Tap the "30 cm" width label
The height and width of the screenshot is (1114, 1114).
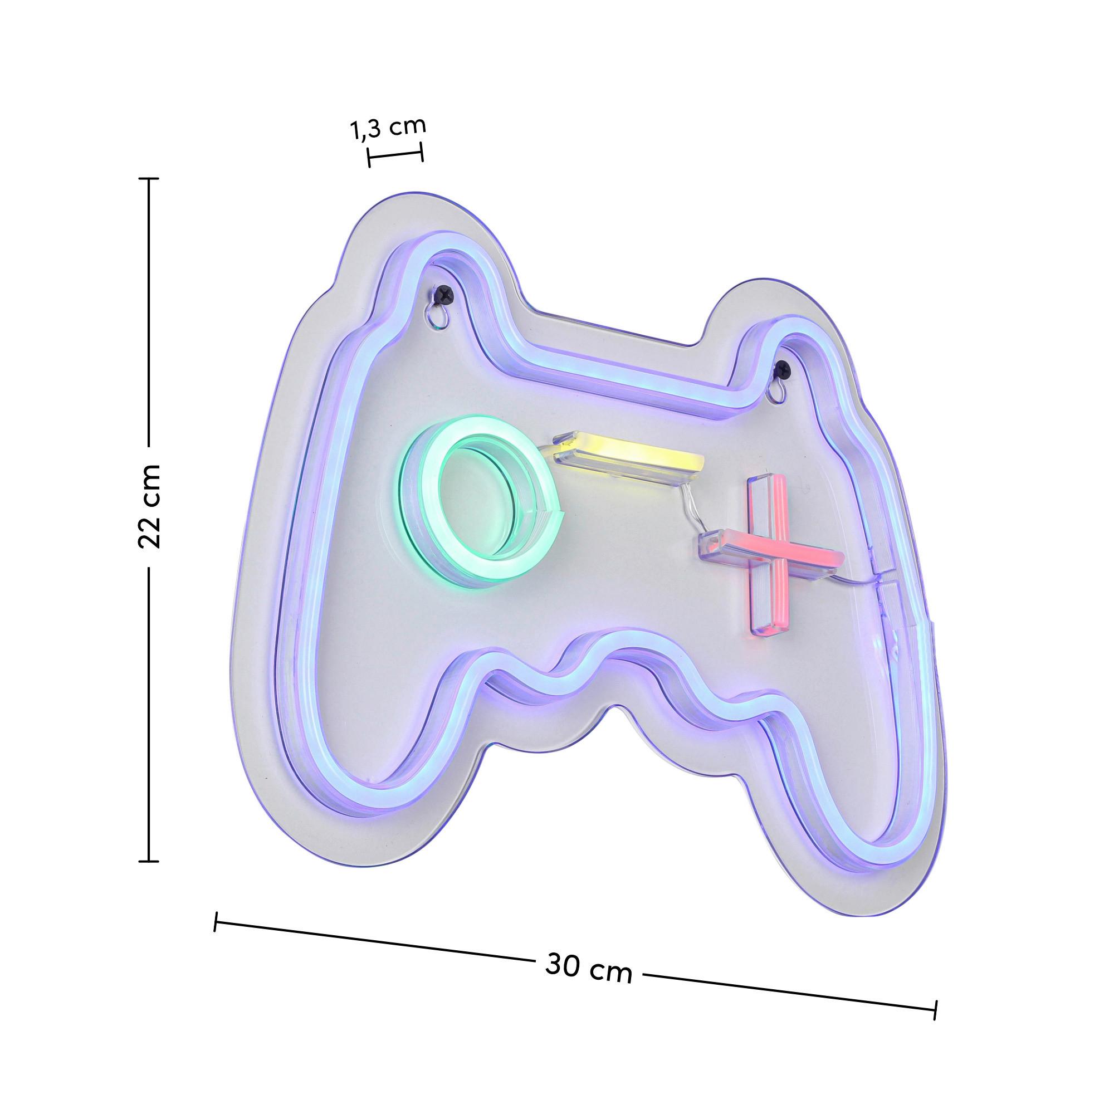pos(588,970)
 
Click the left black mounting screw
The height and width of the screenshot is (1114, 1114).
pos(444,295)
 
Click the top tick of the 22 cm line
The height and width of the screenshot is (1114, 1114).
pos(149,179)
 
